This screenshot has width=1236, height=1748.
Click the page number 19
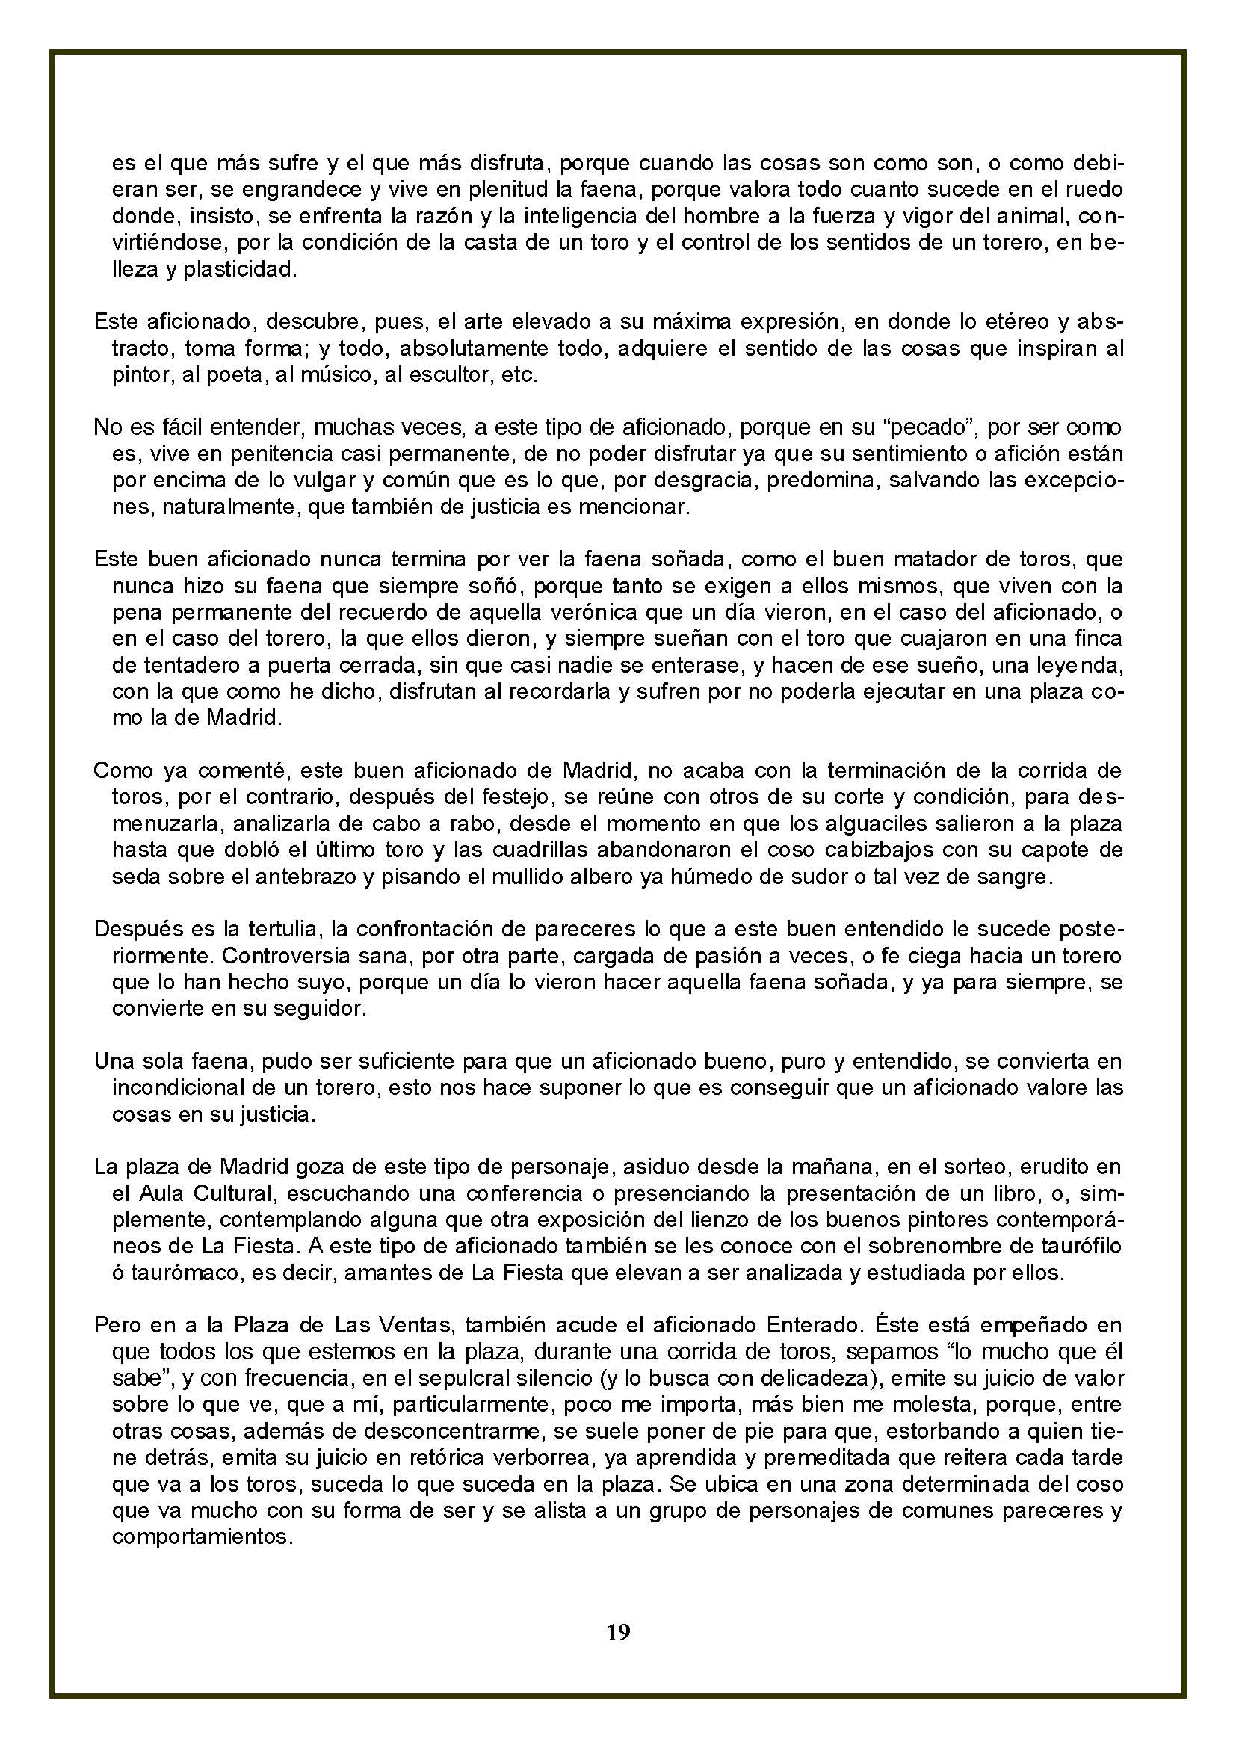pos(618,1631)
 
